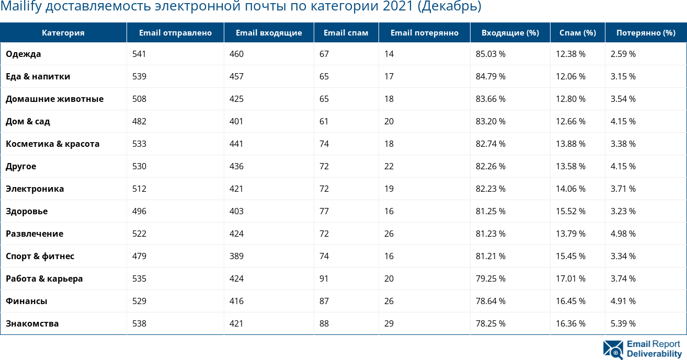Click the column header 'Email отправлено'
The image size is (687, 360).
point(175,33)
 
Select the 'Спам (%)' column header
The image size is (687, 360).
point(577,33)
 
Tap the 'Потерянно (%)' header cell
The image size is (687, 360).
point(646,33)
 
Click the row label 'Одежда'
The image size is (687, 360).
point(24,54)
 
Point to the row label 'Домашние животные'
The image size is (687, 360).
point(54,99)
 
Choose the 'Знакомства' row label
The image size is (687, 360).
point(32,323)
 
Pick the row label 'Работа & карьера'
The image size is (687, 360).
point(44,278)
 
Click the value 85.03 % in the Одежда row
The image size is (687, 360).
point(490,54)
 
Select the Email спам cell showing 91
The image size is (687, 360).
point(324,278)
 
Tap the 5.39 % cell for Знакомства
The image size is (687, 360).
point(623,323)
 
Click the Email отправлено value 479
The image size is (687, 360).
point(140,256)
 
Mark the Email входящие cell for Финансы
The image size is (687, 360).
point(236,301)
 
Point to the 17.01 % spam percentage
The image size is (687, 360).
point(570,278)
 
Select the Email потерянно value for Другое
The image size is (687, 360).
point(389,166)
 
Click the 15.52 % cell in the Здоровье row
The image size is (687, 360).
point(570,211)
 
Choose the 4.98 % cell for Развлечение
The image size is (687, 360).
point(623,234)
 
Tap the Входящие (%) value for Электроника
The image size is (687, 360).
point(490,189)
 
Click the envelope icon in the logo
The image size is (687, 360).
point(613,349)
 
